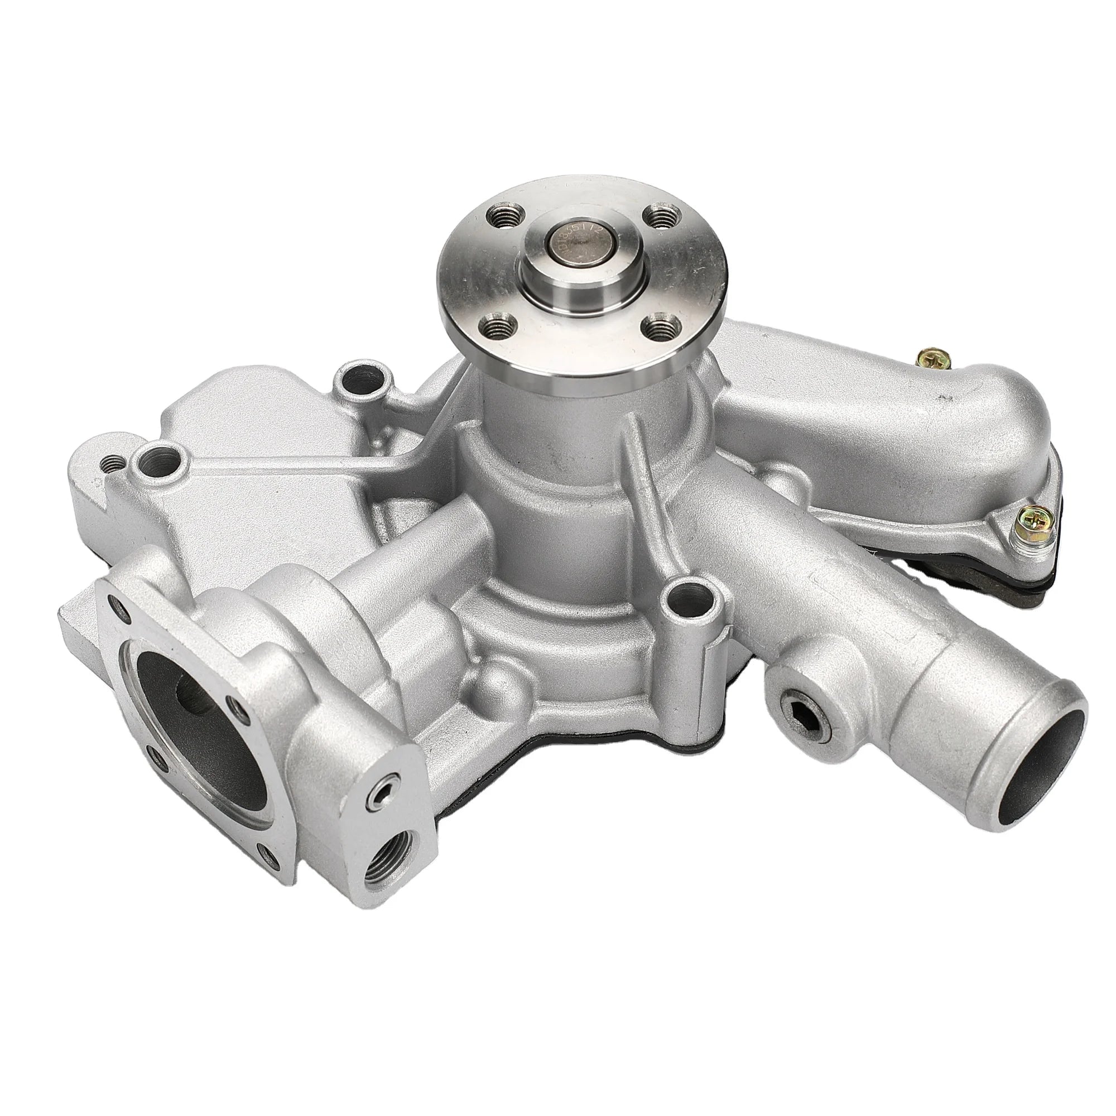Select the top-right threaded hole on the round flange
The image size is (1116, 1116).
pyautogui.click(x=658, y=217)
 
